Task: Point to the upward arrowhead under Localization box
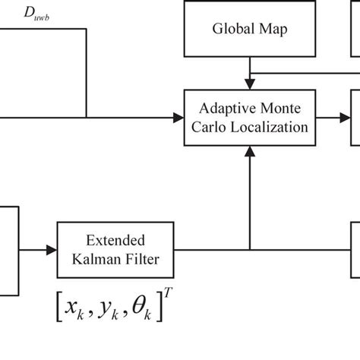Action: point(249,151)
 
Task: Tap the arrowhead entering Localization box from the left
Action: point(178,118)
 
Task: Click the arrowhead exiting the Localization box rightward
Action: point(344,118)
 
